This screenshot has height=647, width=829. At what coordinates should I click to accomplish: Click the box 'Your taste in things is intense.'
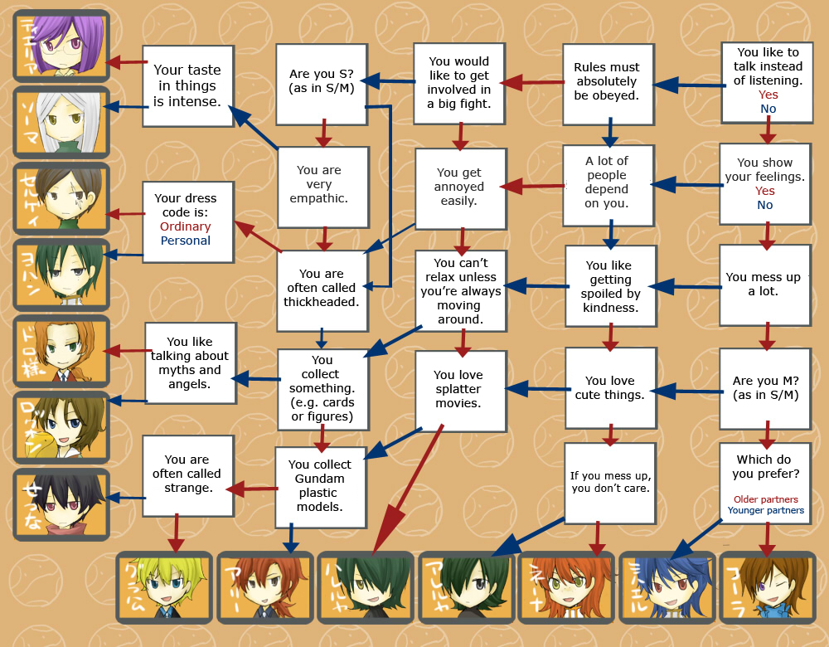[187, 85]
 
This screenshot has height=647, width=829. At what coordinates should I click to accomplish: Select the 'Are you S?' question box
[322, 81]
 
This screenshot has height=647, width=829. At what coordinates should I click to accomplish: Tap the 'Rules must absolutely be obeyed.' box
[607, 81]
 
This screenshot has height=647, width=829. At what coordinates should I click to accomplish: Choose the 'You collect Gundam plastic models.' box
[320, 485]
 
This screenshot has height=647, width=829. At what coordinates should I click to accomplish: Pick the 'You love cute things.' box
[609, 388]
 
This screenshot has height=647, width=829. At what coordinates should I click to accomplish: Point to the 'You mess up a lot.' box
[764, 285]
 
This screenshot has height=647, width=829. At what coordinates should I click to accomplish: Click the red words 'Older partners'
[765, 499]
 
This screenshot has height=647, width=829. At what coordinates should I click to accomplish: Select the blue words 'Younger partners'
[765, 511]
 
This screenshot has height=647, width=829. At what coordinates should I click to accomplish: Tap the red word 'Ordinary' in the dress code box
[186, 226]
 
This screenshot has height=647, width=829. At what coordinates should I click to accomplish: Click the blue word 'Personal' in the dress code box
[186, 241]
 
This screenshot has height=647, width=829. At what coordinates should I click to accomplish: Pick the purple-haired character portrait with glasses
[61, 46]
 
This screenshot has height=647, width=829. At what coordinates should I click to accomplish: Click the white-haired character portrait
[61, 122]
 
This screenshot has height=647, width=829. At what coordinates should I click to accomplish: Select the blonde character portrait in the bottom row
[165, 587]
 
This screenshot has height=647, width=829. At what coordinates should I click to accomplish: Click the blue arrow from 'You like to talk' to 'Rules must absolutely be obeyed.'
[686, 85]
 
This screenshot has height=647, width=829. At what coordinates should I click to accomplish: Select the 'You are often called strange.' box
[187, 474]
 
